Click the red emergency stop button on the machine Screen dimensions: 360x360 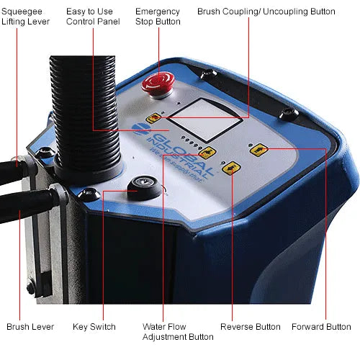click(x=158, y=81)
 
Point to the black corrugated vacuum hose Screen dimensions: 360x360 click(x=82, y=115)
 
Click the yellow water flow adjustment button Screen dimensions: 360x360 click(x=209, y=152)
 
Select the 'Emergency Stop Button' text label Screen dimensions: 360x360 click(x=157, y=17)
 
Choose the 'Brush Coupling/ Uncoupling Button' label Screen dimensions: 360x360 click(x=266, y=12)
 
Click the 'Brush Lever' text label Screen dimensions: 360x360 click(x=30, y=327)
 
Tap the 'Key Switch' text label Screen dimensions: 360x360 click(x=94, y=327)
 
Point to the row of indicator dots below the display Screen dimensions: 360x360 click(x=189, y=140)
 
